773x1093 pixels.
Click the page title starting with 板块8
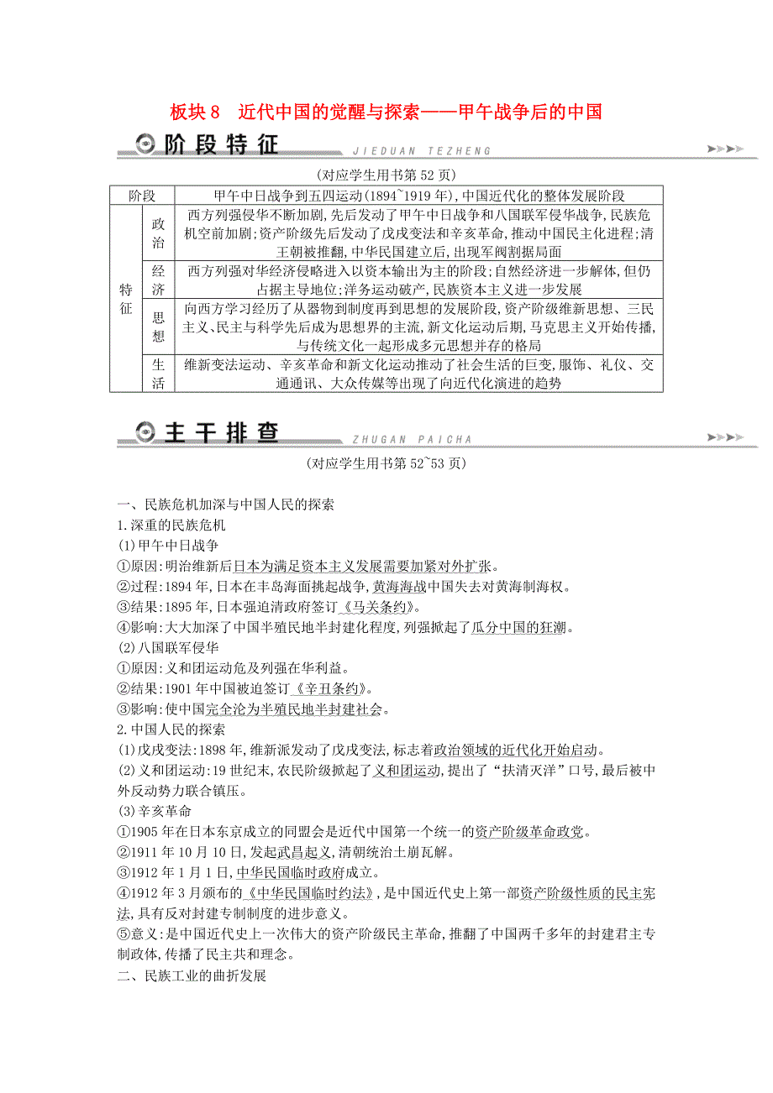[386, 112]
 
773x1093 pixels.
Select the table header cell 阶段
[141, 196]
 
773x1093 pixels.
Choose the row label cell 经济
[158, 280]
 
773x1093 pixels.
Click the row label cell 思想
[158, 327]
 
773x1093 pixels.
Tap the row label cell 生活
[158, 374]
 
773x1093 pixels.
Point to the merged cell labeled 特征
[125, 299]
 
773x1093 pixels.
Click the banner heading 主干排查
[221, 433]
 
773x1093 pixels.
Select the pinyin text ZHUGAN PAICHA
[408, 439]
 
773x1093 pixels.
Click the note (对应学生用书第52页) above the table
[386, 175]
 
